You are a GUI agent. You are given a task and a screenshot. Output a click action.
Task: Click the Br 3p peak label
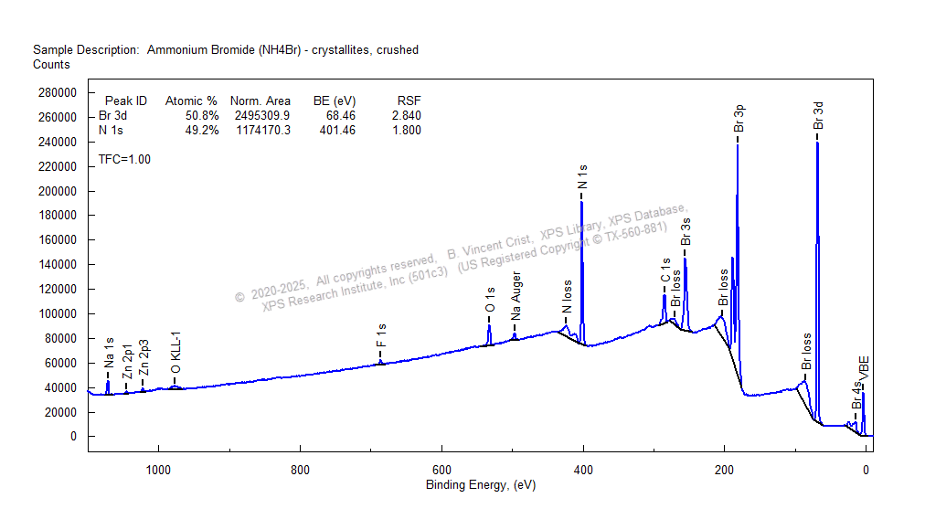(x=739, y=119)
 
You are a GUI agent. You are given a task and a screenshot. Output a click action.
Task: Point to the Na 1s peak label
(x=109, y=352)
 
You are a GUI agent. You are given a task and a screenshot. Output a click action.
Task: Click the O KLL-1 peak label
(x=175, y=353)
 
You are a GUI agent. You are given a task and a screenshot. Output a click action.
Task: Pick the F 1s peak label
(x=381, y=341)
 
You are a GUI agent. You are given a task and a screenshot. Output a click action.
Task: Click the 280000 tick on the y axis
(x=56, y=92)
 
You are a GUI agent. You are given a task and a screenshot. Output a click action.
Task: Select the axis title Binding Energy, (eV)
(x=481, y=485)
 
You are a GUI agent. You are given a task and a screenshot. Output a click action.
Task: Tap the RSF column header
(x=409, y=101)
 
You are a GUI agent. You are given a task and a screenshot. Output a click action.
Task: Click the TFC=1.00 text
(x=124, y=159)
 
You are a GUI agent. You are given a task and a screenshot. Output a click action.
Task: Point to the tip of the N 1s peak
(x=581, y=202)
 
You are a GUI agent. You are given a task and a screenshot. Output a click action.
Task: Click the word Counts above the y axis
(x=51, y=65)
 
